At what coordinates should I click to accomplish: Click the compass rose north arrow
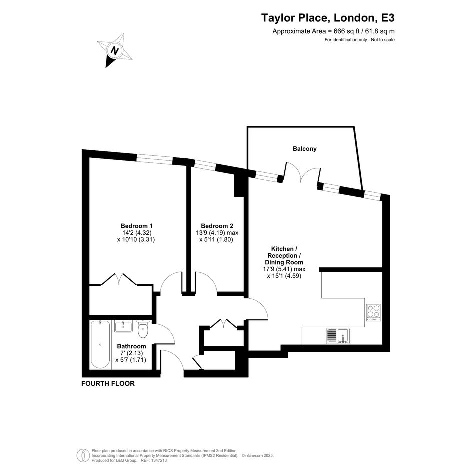click(x=114, y=50)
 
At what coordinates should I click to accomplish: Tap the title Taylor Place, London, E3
click(x=328, y=18)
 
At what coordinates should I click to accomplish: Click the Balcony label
click(x=305, y=149)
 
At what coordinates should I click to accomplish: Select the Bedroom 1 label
click(x=136, y=226)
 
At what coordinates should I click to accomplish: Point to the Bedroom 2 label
click(x=217, y=226)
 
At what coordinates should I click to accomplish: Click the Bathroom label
click(x=131, y=346)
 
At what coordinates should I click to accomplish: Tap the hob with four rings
click(x=373, y=312)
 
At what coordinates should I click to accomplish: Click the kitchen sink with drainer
click(x=338, y=336)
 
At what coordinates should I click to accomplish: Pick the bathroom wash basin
click(x=123, y=326)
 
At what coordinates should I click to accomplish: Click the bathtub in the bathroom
click(x=100, y=344)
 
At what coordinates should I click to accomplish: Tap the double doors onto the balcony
click(x=302, y=173)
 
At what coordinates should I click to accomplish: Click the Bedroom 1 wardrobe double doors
click(x=119, y=279)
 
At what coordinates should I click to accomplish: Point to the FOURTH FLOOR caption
click(x=108, y=384)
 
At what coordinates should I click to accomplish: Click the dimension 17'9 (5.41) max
click(x=284, y=269)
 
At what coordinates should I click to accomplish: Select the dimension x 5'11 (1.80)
click(x=216, y=240)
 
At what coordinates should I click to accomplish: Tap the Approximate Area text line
click(x=333, y=31)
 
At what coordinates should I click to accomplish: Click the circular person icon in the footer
click(x=83, y=456)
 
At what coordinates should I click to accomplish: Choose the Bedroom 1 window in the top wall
click(x=154, y=159)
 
